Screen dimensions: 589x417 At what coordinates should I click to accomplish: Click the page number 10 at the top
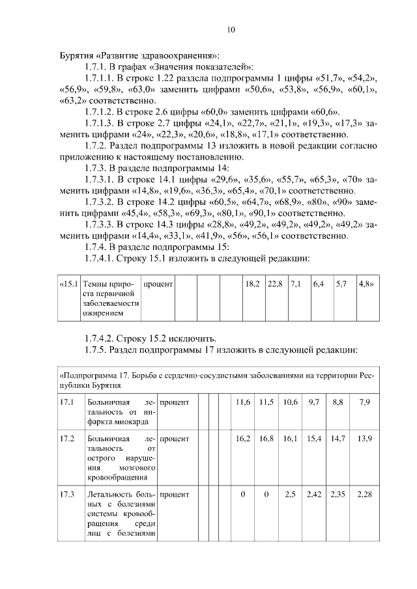click(231, 29)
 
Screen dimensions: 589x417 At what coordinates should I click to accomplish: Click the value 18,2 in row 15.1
click(252, 284)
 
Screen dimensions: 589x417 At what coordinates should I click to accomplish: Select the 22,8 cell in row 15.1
click(275, 284)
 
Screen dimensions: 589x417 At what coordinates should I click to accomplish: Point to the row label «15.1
click(68, 284)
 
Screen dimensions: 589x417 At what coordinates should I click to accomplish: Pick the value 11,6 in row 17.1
click(242, 403)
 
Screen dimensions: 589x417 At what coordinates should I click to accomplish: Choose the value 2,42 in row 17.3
click(314, 495)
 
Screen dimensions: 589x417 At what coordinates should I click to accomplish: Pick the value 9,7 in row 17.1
click(314, 403)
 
